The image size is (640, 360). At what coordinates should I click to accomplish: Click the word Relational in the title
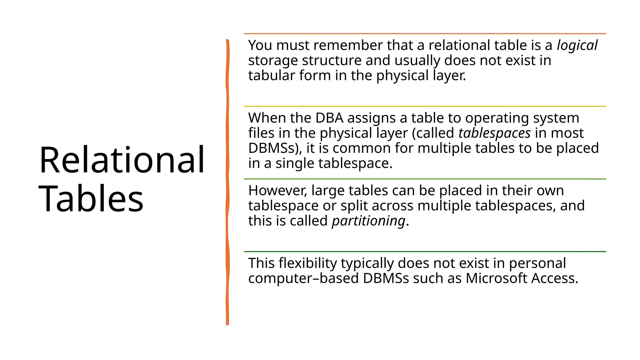click(x=122, y=160)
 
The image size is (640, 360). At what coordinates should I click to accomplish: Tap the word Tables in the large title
click(x=91, y=199)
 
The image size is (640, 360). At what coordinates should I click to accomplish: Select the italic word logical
click(x=577, y=46)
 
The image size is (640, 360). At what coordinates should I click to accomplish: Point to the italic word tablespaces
click(x=494, y=133)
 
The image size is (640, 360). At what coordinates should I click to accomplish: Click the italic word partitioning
click(x=368, y=221)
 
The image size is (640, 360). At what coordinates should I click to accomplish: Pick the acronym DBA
click(x=329, y=118)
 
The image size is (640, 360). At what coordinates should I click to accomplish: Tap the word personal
click(x=537, y=263)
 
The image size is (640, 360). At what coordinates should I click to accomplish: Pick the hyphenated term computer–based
click(x=303, y=278)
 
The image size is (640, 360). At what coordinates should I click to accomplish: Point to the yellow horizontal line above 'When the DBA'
click(x=425, y=106)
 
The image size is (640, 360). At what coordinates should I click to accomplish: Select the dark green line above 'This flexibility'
click(x=425, y=251)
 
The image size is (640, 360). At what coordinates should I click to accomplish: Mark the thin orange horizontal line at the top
click(x=425, y=33)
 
